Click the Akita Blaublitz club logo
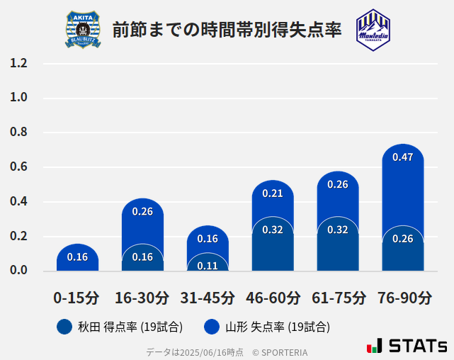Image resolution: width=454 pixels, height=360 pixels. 83,30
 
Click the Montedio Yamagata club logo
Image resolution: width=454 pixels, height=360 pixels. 373,30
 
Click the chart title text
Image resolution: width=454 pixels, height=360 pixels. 227,30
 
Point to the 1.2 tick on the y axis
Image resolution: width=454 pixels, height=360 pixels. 18,64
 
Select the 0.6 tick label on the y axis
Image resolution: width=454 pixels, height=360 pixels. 18,167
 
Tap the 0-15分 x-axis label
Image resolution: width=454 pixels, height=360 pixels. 76,298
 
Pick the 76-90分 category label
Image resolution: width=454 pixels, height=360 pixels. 404,298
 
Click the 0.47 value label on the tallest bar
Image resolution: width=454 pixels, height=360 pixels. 402,157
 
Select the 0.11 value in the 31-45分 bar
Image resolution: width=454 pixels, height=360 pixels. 208,266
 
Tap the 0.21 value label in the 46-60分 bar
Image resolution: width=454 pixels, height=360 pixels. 273,193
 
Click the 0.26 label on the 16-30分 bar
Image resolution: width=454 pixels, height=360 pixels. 142,211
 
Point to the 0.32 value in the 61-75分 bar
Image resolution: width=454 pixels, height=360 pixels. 338,230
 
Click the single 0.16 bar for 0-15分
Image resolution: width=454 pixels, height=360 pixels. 77,257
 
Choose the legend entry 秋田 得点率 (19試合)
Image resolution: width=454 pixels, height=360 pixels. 120,327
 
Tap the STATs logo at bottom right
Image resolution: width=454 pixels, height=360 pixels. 407,346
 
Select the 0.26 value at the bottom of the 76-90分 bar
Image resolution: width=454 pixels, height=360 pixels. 402,239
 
